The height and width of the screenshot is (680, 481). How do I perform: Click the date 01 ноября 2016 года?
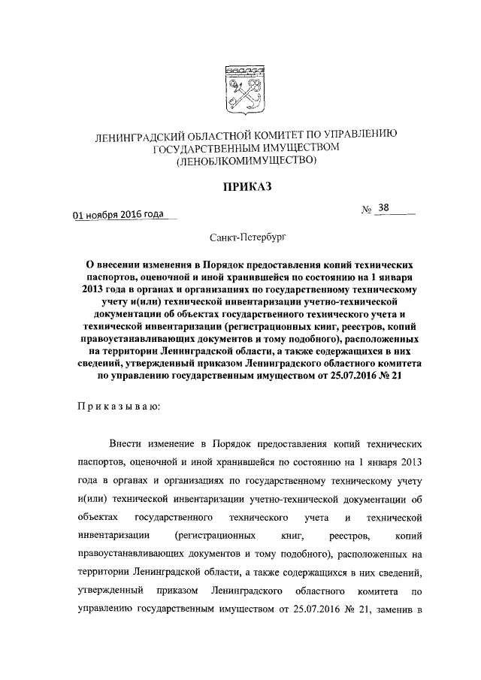[118, 213]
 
